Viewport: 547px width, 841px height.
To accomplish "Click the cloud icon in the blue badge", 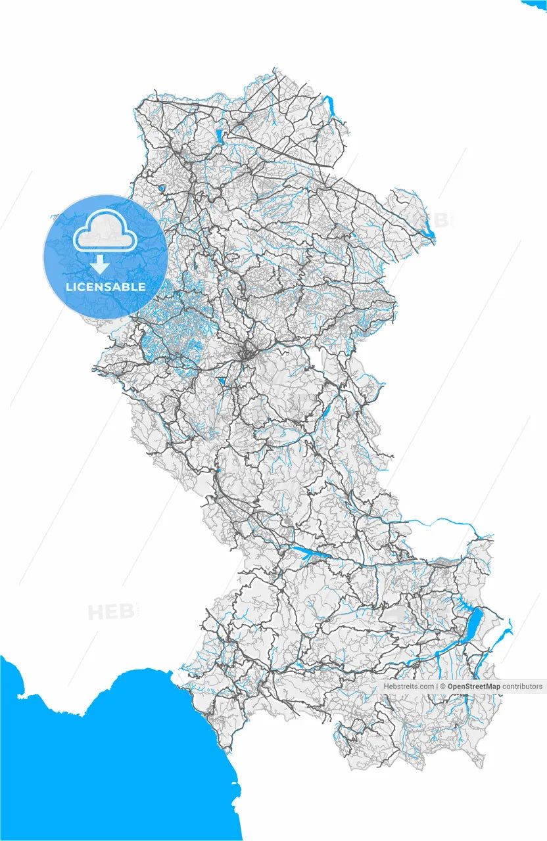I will (x=105, y=231).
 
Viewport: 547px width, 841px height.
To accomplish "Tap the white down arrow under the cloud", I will (x=100, y=264).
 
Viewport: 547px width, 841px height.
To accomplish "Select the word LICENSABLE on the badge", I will (x=106, y=287).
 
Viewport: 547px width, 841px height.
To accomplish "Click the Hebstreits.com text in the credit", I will (x=408, y=687).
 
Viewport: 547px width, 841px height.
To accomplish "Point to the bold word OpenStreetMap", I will (x=474, y=687).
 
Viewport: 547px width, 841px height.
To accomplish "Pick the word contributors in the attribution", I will (x=523, y=687).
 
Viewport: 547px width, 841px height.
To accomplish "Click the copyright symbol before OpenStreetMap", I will (x=443, y=687).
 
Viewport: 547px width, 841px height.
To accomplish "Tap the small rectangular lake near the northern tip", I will (x=219, y=137).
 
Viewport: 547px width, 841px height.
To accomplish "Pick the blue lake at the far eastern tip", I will (x=429, y=233).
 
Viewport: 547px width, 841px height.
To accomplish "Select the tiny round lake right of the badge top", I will (x=161, y=188).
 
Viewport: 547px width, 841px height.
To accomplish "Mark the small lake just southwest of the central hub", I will (x=222, y=380).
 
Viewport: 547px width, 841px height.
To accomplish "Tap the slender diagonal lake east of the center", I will (x=325, y=411).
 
